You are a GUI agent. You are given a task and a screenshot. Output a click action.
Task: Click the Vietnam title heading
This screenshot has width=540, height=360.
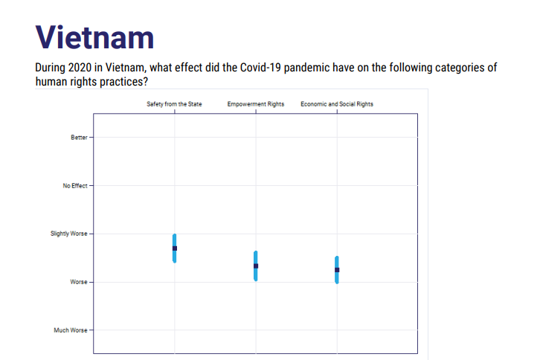point(94,37)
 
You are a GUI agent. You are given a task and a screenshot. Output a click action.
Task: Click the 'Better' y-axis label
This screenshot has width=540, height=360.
point(79,138)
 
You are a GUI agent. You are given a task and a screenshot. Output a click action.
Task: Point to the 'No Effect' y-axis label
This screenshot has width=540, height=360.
point(74,186)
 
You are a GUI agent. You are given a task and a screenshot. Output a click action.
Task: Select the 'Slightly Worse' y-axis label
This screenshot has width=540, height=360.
point(68,234)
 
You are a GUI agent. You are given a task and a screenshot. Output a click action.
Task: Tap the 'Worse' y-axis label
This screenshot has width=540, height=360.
point(79,282)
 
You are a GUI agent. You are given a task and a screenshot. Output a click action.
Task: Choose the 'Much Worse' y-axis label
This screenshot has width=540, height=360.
point(70,330)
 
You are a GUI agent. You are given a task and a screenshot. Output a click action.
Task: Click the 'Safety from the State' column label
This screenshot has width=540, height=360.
point(174,104)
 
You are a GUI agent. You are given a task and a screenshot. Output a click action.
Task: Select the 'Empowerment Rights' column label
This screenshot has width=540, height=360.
point(256,104)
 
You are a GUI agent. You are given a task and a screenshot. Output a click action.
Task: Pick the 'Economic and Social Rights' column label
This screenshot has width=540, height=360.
point(337,104)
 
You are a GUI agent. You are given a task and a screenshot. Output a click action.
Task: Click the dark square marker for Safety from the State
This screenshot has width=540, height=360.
point(175,248)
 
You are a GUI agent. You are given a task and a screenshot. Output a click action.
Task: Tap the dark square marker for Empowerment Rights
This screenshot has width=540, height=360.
point(256,266)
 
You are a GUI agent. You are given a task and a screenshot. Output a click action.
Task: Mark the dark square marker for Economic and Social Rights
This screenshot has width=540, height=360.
point(337,270)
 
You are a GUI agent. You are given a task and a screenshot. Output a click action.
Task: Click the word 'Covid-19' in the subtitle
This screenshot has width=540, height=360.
point(260,68)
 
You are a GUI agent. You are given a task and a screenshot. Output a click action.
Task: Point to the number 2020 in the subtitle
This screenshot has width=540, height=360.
point(80,68)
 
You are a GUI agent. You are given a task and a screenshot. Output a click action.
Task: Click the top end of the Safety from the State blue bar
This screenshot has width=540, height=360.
point(175,235)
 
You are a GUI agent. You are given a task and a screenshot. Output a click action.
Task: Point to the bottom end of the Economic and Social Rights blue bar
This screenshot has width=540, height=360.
point(337,283)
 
